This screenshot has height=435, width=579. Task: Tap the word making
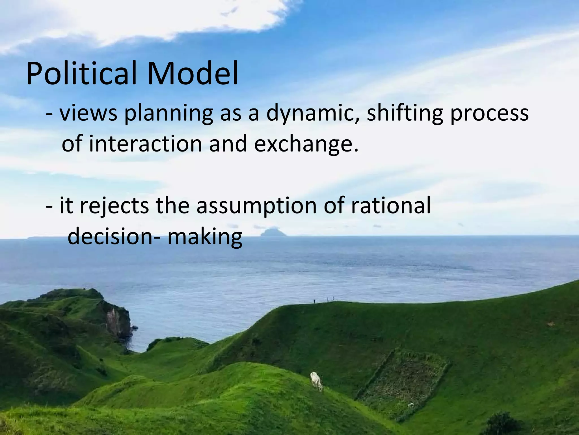point(205,237)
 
